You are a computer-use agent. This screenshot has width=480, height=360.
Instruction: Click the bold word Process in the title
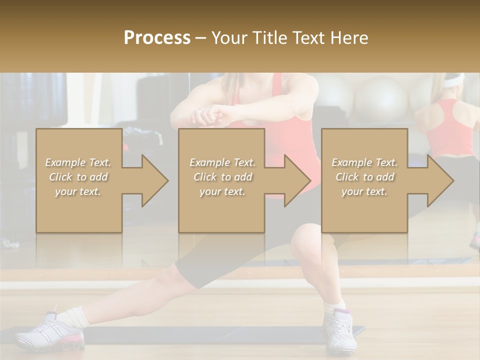(157, 37)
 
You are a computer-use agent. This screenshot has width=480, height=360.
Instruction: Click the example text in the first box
(78, 177)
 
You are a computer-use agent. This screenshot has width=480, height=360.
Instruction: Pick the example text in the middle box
(222, 177)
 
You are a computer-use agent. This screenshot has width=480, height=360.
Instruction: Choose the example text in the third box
(364, 177)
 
